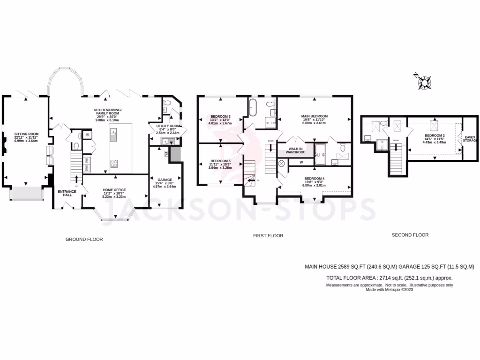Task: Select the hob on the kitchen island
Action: coord(113,164)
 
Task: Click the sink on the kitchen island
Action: coord(113,135)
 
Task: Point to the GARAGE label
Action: coord(164,179)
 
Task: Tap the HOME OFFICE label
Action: coord(114,190)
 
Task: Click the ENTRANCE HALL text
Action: coord(64,193)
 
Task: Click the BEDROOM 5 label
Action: coord(220,161)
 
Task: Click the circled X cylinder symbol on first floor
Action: coord(282,164)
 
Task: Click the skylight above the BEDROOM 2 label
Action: coord(434,126)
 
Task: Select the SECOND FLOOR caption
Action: coord(410,235)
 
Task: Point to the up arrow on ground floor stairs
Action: coord(76,179)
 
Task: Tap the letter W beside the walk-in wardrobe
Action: coord(301,163)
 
